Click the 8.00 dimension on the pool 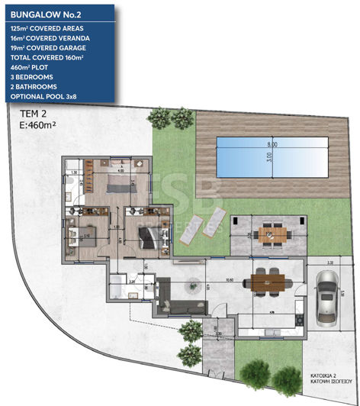coord(272,144)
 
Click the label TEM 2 coord(32,114)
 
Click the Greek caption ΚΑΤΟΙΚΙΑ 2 coord(326,376)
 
